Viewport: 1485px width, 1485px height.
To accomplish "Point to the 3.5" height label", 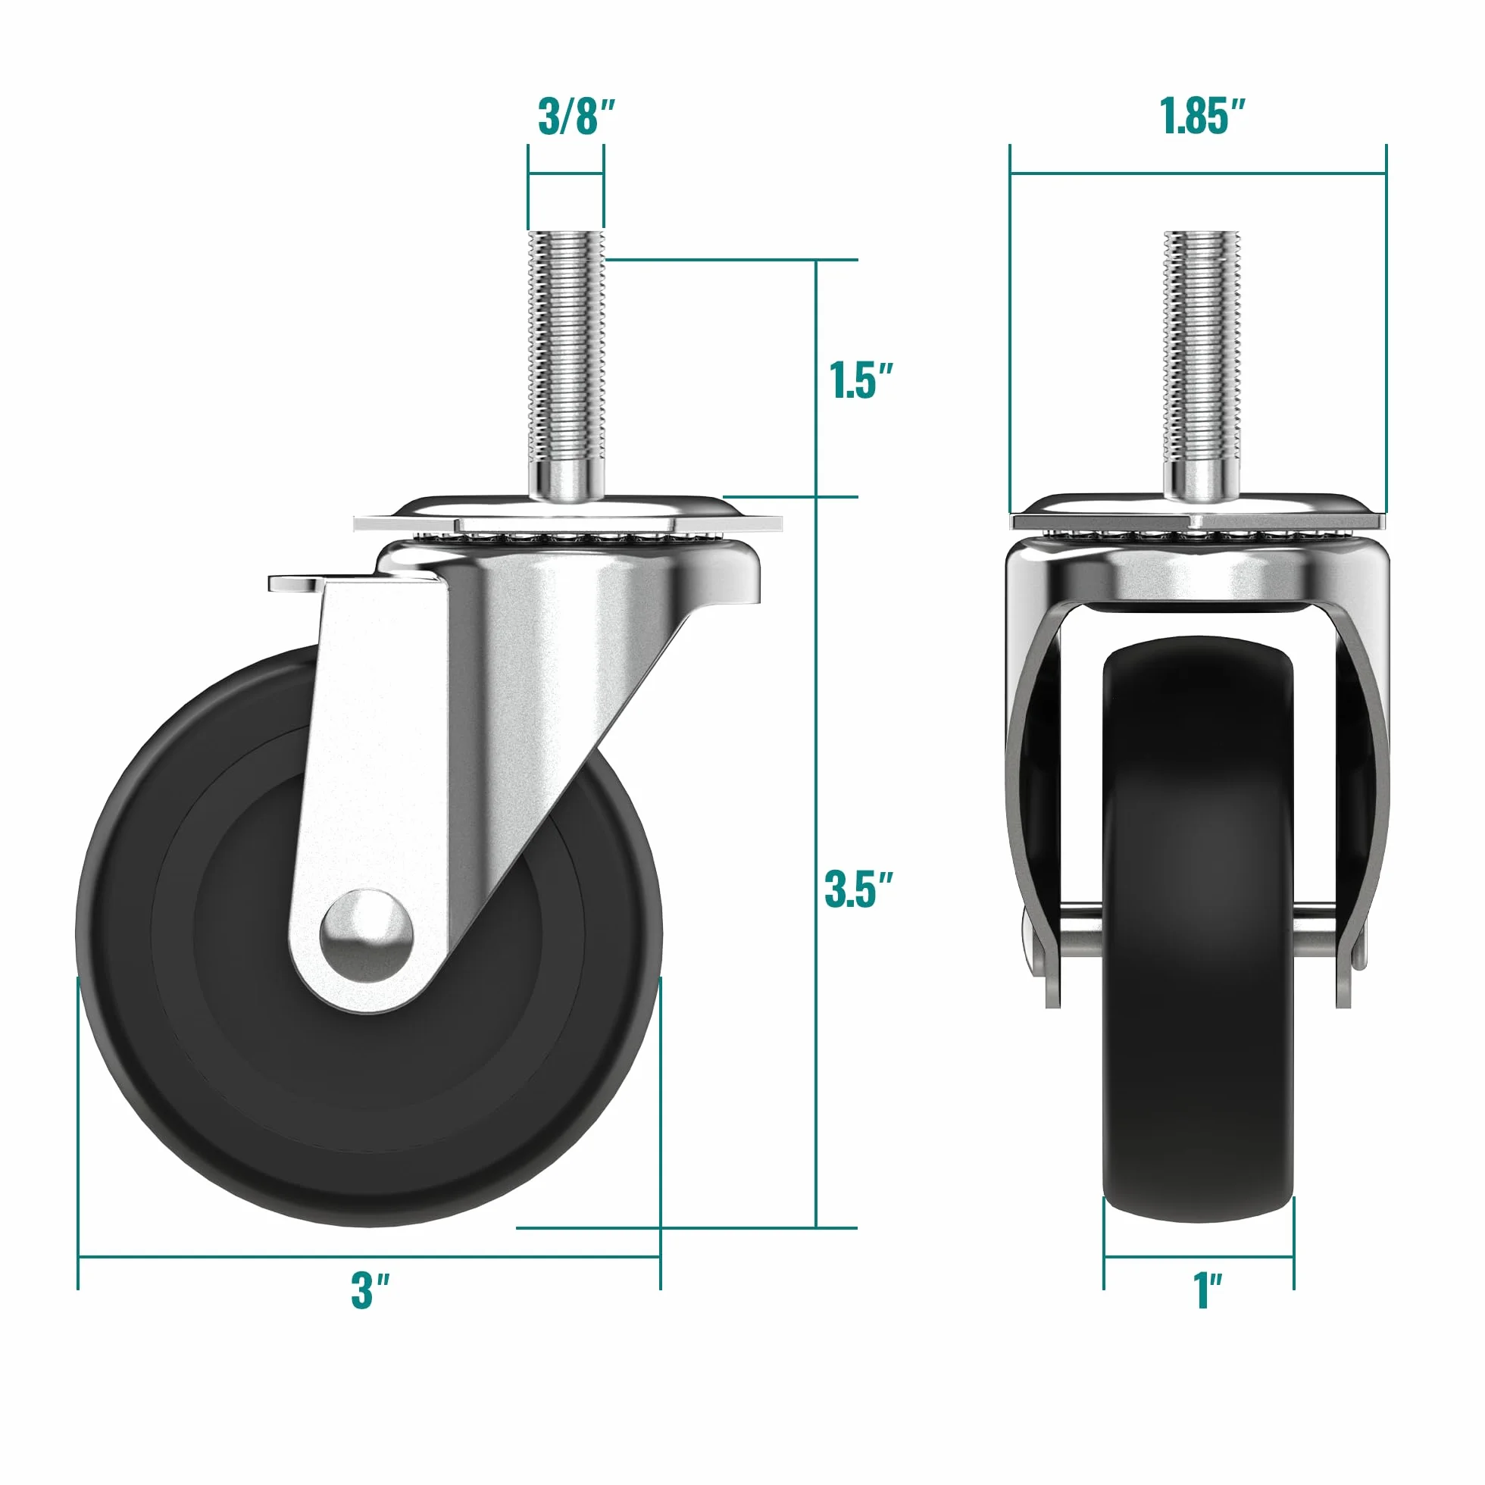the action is coord(858,889).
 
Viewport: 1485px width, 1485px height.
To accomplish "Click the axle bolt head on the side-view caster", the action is coord(367,936).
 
